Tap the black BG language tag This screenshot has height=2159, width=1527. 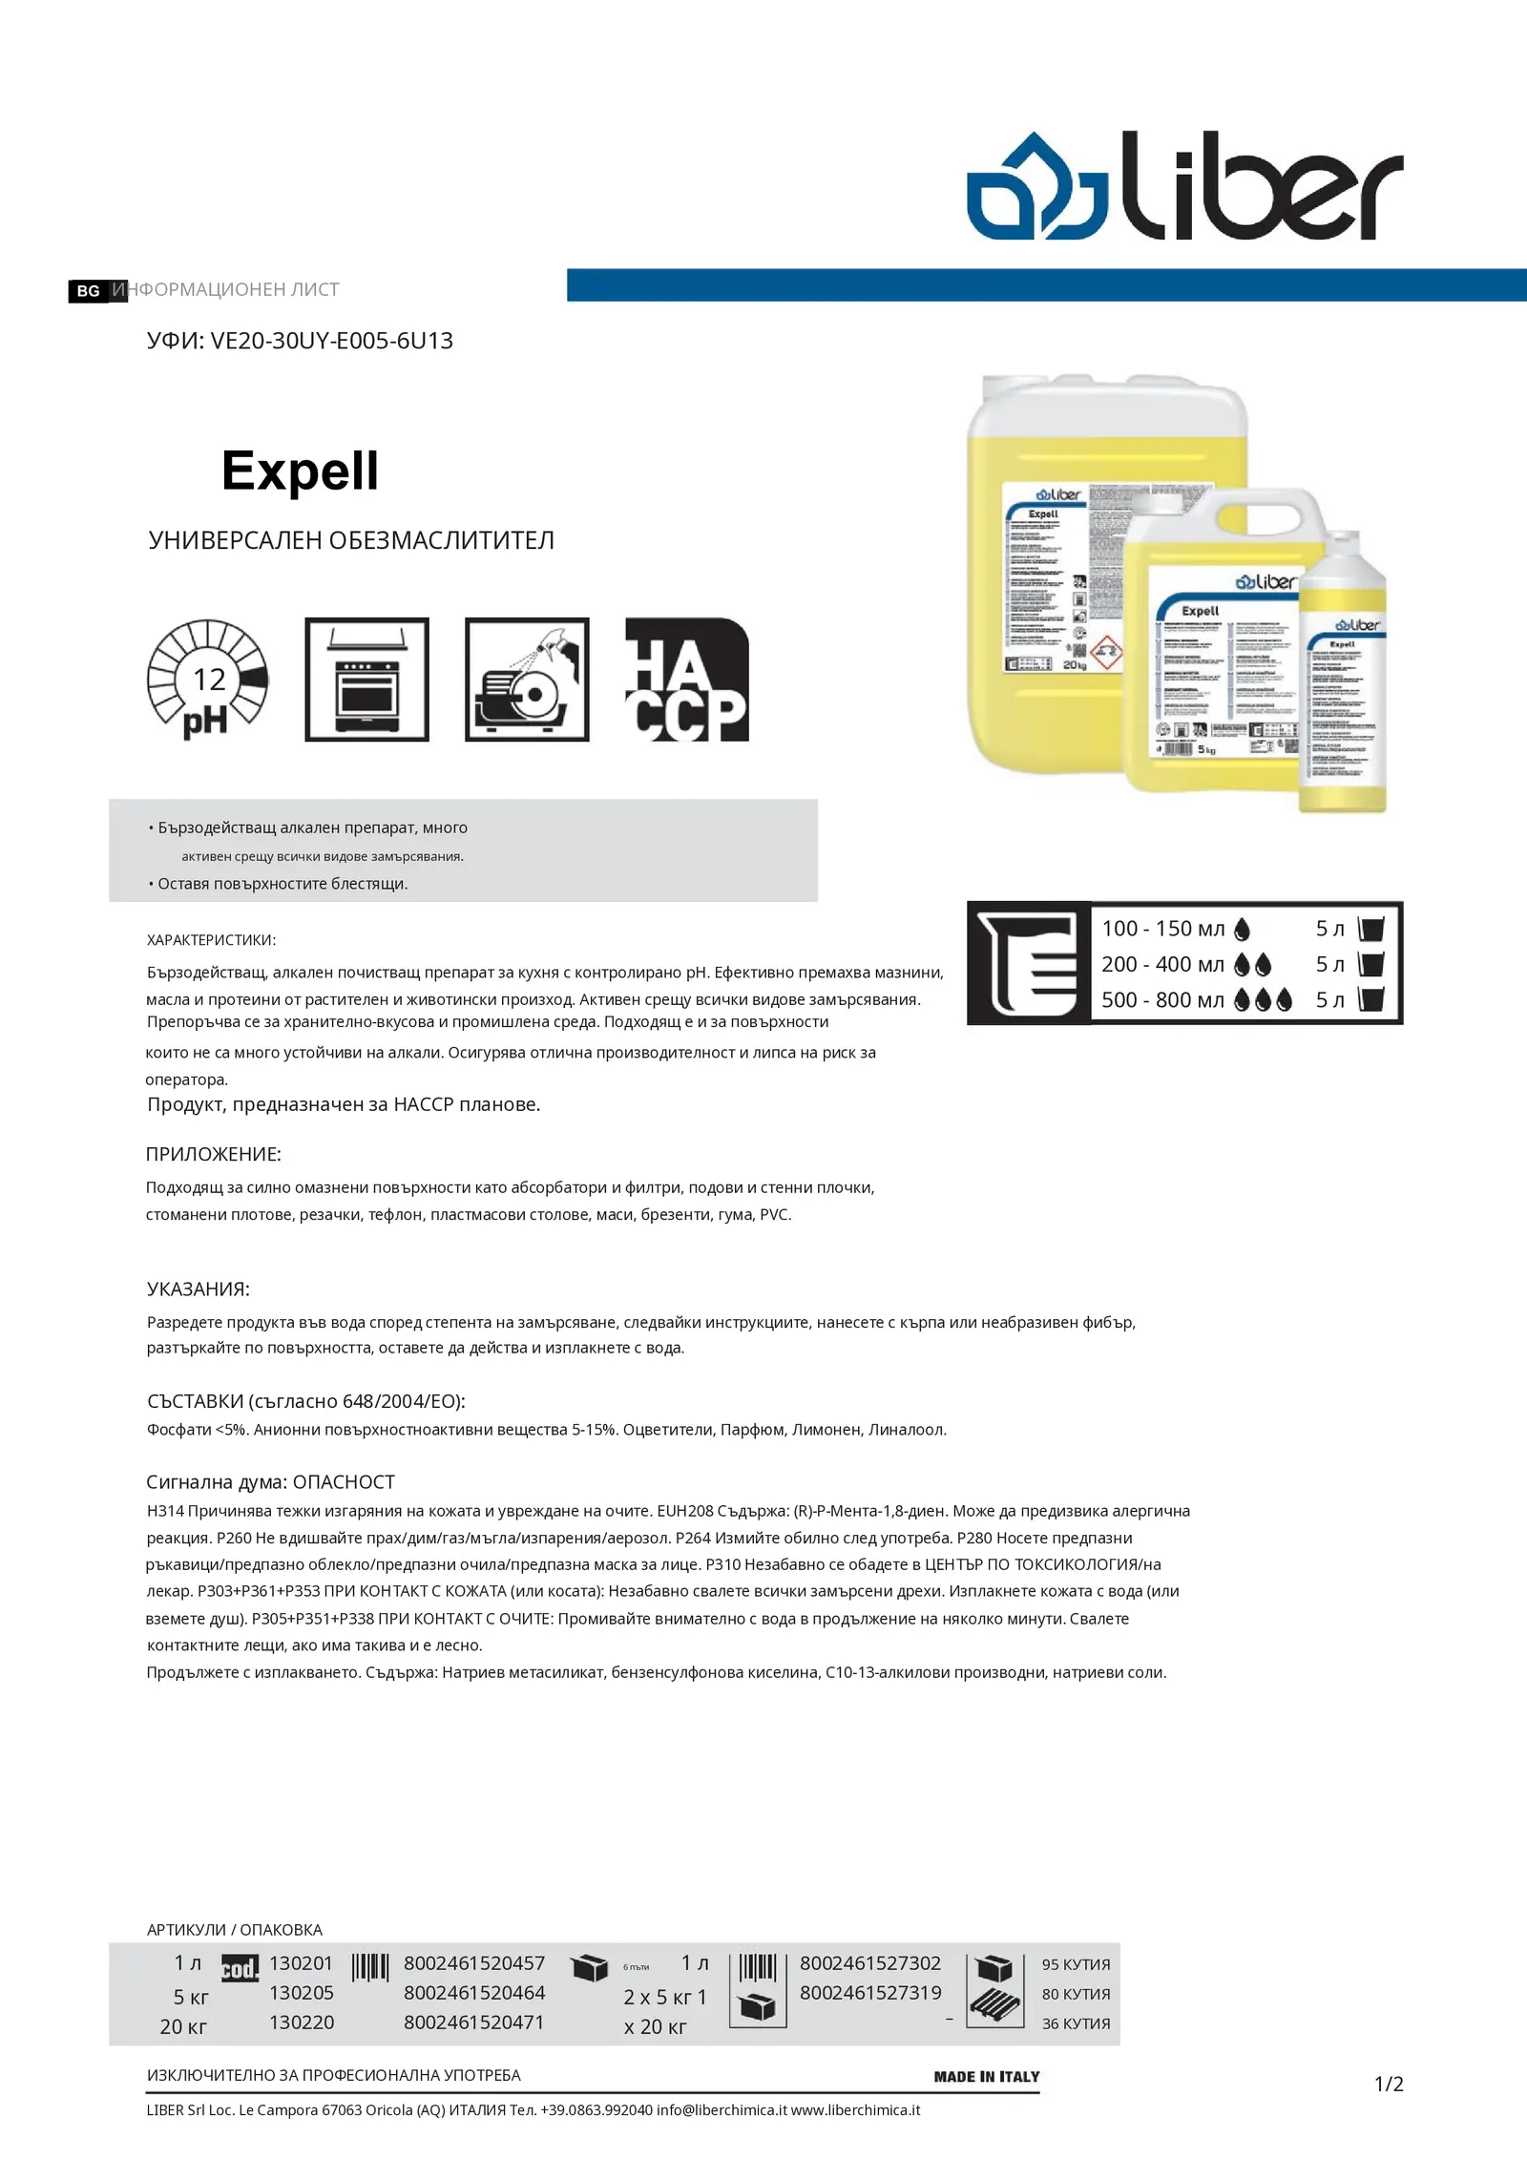(89, 291)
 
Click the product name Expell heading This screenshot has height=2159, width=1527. (300, 471)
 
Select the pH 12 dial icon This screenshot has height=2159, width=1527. (208, 680)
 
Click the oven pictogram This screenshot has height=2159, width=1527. (366, 680)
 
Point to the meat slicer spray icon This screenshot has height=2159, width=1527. (527, 680)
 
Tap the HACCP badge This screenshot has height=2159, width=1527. (686, 680)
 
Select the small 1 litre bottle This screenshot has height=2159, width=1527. (1344, 678)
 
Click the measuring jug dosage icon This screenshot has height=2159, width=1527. (1029, 962)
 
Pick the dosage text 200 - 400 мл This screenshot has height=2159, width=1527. (1162, 964)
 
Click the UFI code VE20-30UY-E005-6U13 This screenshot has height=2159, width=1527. (331, 341)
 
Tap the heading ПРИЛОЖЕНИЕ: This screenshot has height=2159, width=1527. (213, 1154)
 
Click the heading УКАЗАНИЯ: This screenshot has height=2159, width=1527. (198, 1289)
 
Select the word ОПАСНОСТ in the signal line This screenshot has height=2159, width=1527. (344, 1481)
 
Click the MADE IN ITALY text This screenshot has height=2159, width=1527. (986, 2076)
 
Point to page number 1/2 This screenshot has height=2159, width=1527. (1389, 2084)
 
